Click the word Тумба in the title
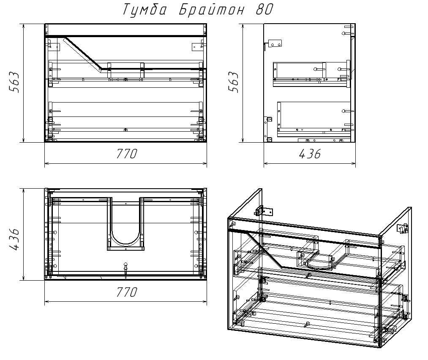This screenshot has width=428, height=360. click(x=144, y=10)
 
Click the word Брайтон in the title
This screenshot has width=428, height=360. click(x=212, y=10)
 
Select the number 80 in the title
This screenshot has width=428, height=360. click(x=264, y=10)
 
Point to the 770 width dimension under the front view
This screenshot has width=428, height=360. click(x=127, y=154)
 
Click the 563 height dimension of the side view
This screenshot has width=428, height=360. click(x=233, y=82)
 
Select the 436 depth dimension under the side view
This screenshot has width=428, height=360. click(x=310, y=154)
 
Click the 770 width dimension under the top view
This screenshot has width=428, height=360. click(x=127, y=292)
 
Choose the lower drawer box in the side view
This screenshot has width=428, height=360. click(x=314, y=119)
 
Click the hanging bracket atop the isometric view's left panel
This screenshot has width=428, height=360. click(x=264, y=211)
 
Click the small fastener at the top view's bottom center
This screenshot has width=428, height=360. click(x=125, y=269)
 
